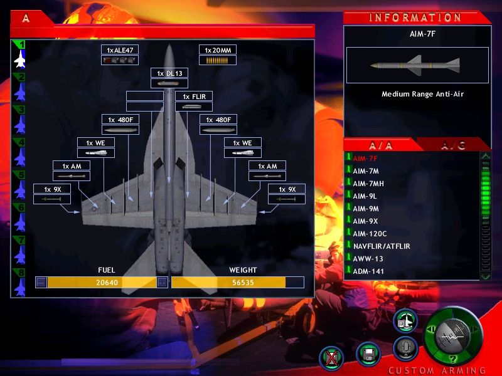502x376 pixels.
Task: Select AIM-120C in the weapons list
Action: tap(370, 234)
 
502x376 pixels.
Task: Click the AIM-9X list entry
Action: tap(365, 221)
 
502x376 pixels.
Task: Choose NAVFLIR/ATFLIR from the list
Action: tap(382, 246)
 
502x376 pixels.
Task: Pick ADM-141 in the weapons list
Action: tap(368, 271)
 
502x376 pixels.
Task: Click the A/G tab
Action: tap(452, 146)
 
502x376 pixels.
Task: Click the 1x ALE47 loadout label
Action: tap(120, 50)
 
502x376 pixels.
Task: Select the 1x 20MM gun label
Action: tap(218, 50)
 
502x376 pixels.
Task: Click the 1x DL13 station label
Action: tap(169, 73)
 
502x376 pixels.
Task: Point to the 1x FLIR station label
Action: tap(194, 97)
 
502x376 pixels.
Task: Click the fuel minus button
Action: tap(41, 283)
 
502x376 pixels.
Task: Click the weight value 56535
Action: tap(243, 283)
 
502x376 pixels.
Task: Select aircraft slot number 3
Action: tap(20, 120)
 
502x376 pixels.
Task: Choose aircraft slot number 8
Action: tap(20, 283)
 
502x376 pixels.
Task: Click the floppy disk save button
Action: tap(368, 353)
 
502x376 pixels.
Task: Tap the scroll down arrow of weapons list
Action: tap(486, 276)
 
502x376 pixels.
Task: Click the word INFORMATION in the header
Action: tap(415, 18)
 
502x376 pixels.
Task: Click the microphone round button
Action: tap(405, 348)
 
